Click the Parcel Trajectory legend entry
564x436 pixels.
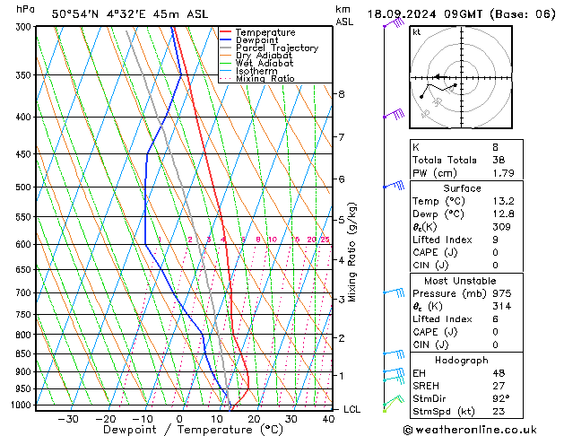276,48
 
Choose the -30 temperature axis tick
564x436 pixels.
68,419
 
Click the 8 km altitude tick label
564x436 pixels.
341,93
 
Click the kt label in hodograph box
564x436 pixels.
417,31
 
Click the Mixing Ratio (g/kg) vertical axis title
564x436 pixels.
352,251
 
